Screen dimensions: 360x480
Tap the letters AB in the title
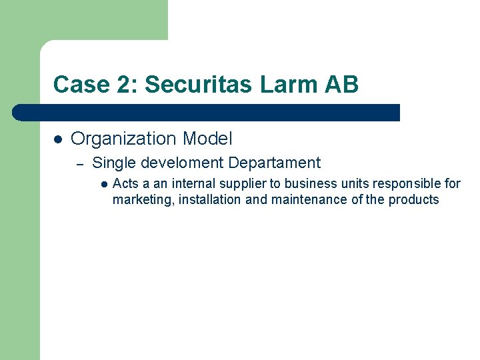pyautogui.click(x=341, y=85)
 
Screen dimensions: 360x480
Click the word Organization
pyautogui.click(x=123, y=139)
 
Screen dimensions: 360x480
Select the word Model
pyautogui.click(x=207, y=139)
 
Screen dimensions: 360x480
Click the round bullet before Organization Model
pyautogui.click(x=58, y=139)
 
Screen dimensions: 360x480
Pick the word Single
pyautogui.click(x=112, y=163)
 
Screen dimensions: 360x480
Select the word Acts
pyautogui.click(x=125, y=183)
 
